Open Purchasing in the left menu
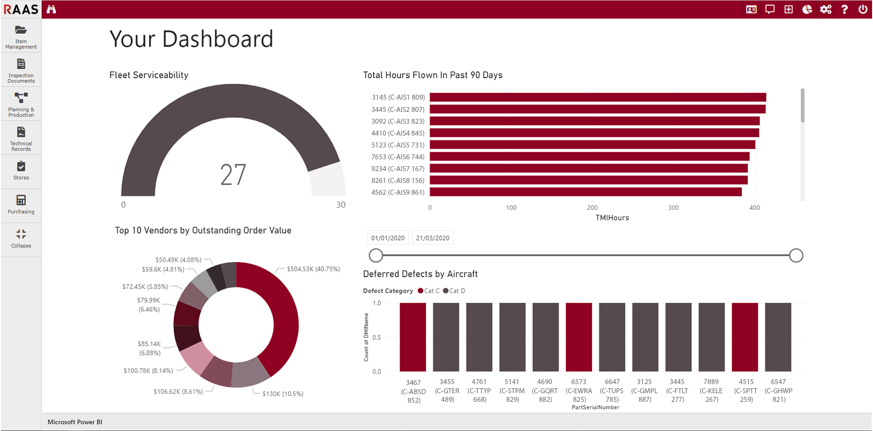pyautogui.click(x=21, y=204)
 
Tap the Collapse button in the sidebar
pyautogui.click(x=21, y=238)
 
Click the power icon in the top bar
pyautogui.click(x=863, y=9)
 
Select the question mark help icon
pyautogui.click(x=844, y=9)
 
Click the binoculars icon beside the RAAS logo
pyautogui.click(x=51, y=9)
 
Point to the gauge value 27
pyautogui.click(x=233, y=175)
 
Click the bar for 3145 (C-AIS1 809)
pyautogui.click(x=597, y=97)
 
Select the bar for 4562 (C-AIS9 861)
pyautogui.click(x=585, y=193)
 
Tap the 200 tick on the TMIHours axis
pyautogui.click(x=592, y=208)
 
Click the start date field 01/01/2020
pyautogui.click(x=388, y=238)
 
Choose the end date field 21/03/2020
pyautogui.click(x=432, y=238)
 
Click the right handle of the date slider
pyautogui.click(x=796, y=255)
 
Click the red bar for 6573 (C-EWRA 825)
pyautogui.click(x=579, y=337)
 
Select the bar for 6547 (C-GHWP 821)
pyautogui.click(x=778, y=337)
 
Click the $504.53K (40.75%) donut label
pyautogui.click(x=313, y=269)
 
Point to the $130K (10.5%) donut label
pyautogui.click(x=283, y=394)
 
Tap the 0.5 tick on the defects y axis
pyautogui.click(x=376, y=337)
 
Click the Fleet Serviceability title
pyautogui.click(x=149, y=75)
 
